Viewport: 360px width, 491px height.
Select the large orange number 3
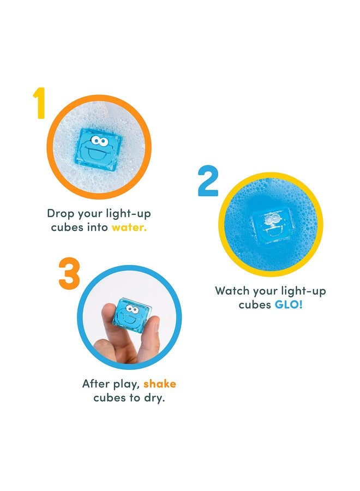click(69, 273)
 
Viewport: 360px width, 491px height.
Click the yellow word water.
click(129, 227)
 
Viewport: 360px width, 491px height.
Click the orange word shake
click(160, 384)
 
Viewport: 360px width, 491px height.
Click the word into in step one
click(96, 227)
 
